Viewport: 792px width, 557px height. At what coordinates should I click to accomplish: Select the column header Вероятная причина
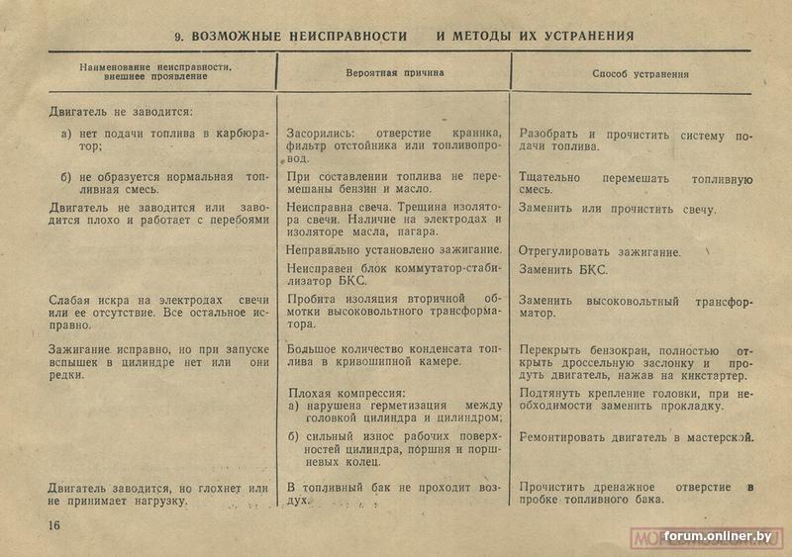pos(394,73)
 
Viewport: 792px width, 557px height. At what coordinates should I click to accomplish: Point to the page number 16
pos(52,524)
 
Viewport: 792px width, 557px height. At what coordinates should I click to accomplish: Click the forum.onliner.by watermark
pos(717,536)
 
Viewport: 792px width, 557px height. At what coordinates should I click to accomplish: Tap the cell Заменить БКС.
pos(563,269)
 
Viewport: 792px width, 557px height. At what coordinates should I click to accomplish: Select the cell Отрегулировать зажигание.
pos(599,252)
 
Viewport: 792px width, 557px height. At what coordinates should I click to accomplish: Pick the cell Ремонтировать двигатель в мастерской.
pos(636,437)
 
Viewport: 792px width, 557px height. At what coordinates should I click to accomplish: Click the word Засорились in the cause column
pos(318,134)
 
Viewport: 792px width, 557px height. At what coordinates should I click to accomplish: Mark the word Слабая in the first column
pos(68,299)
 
